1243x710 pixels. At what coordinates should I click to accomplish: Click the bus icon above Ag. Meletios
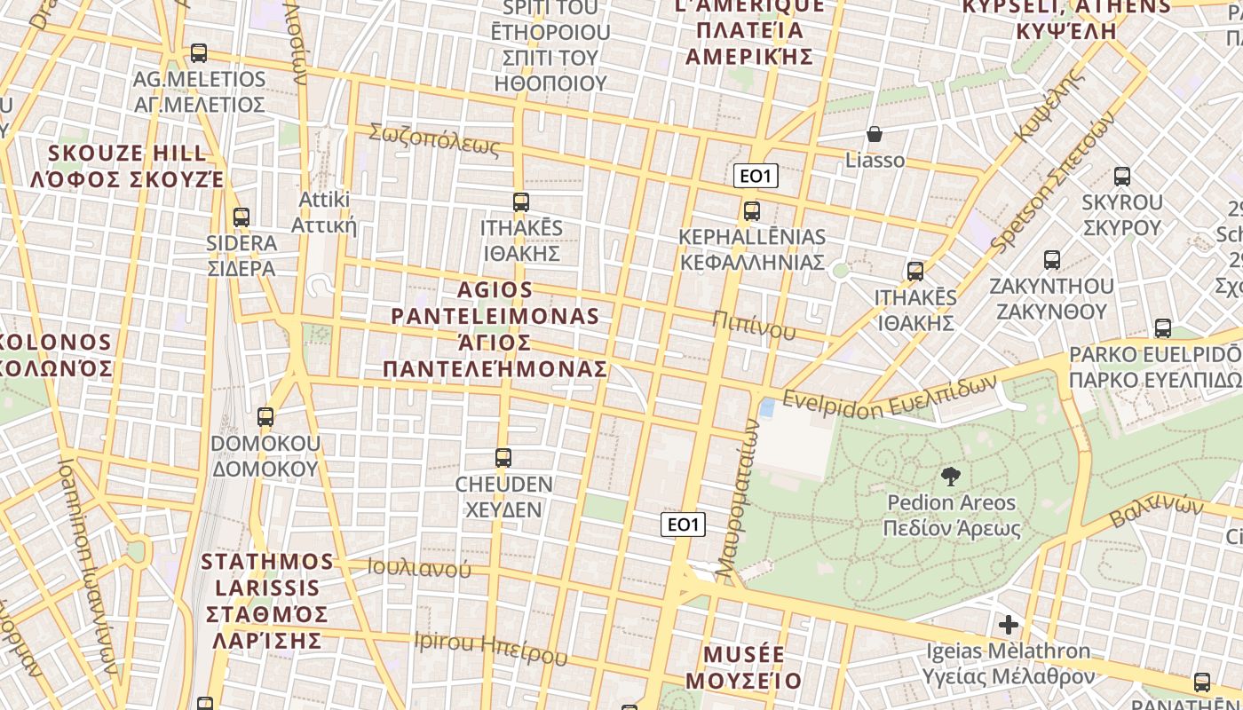(x=198, y=53)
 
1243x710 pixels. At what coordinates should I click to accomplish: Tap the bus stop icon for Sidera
(x=241, y=217)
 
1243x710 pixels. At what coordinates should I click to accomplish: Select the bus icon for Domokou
(x=265, y=416)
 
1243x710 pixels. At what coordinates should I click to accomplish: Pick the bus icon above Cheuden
(x=503, y=458)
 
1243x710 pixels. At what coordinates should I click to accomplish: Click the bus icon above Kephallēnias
(x=752, y=211)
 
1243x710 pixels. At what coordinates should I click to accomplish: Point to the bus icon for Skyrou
(x=1122, y=177)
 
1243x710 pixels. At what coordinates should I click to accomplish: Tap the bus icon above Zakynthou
(x=1052, y=260)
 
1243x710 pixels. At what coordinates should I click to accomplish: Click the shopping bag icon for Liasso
(x=875, y=134)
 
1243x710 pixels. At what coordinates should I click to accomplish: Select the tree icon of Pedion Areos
(x=951, y=477)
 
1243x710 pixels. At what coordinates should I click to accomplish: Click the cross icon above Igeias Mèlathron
(x=1009, y=624)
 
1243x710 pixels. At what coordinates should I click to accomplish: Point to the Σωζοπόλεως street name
(x=434, y=139)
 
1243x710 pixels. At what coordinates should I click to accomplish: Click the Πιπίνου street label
(x=754, y=326)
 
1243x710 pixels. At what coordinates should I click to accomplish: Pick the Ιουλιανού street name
(x=419, y=568)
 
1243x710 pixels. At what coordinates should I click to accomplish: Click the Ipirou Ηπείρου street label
(x=490, y=648)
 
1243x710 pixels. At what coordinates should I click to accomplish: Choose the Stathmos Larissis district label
(x=267, y=600)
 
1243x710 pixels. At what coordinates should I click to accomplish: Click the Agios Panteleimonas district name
(x=495, y=328)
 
